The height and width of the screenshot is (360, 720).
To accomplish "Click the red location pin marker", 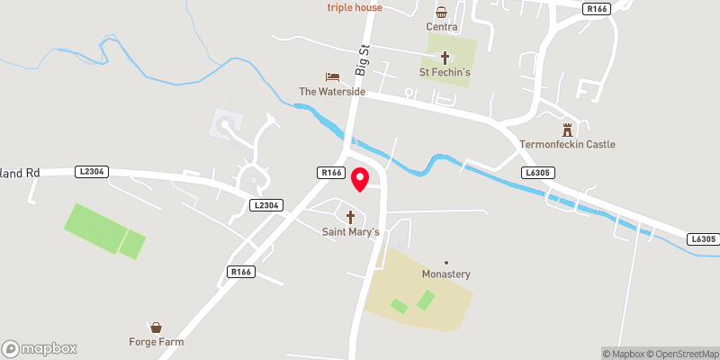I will click(359, 178).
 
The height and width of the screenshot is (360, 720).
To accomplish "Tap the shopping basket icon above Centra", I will click(442, 12).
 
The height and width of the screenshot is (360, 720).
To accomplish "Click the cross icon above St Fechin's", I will click(444, 57).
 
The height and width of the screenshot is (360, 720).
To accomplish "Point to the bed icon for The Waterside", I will click(332, 77).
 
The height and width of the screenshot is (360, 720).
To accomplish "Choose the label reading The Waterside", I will click(333, 92).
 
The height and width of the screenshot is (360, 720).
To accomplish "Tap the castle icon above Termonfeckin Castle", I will click(567, 130).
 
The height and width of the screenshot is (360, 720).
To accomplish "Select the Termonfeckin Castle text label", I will click(567, 144).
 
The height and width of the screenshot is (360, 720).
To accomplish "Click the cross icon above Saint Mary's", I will click(351, 217).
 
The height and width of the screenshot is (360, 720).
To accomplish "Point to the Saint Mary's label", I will click(352, 232).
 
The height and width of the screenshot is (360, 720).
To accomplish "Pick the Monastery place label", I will click(446, 274).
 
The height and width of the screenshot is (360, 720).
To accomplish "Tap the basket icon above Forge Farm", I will click(157, 328).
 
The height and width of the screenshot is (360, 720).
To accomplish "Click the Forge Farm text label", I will click(156, 342).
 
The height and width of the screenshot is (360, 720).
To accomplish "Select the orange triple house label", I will click(355, 8).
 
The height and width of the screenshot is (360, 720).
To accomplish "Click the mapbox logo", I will click(40, 348).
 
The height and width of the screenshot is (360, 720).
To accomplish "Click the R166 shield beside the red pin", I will click(330, 172).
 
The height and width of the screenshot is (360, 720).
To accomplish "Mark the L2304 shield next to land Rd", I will click(93, 171).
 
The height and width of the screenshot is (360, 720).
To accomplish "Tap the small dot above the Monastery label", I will click(446, 263).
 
